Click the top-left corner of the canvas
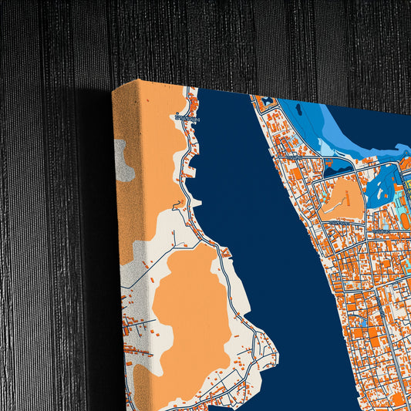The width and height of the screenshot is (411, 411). pyautogui.click(x=113, y=90)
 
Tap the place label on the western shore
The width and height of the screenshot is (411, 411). pyautogui.click(x=187, y=119)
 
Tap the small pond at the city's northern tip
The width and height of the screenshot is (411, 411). pyautogui.click(x=268, y=101)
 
